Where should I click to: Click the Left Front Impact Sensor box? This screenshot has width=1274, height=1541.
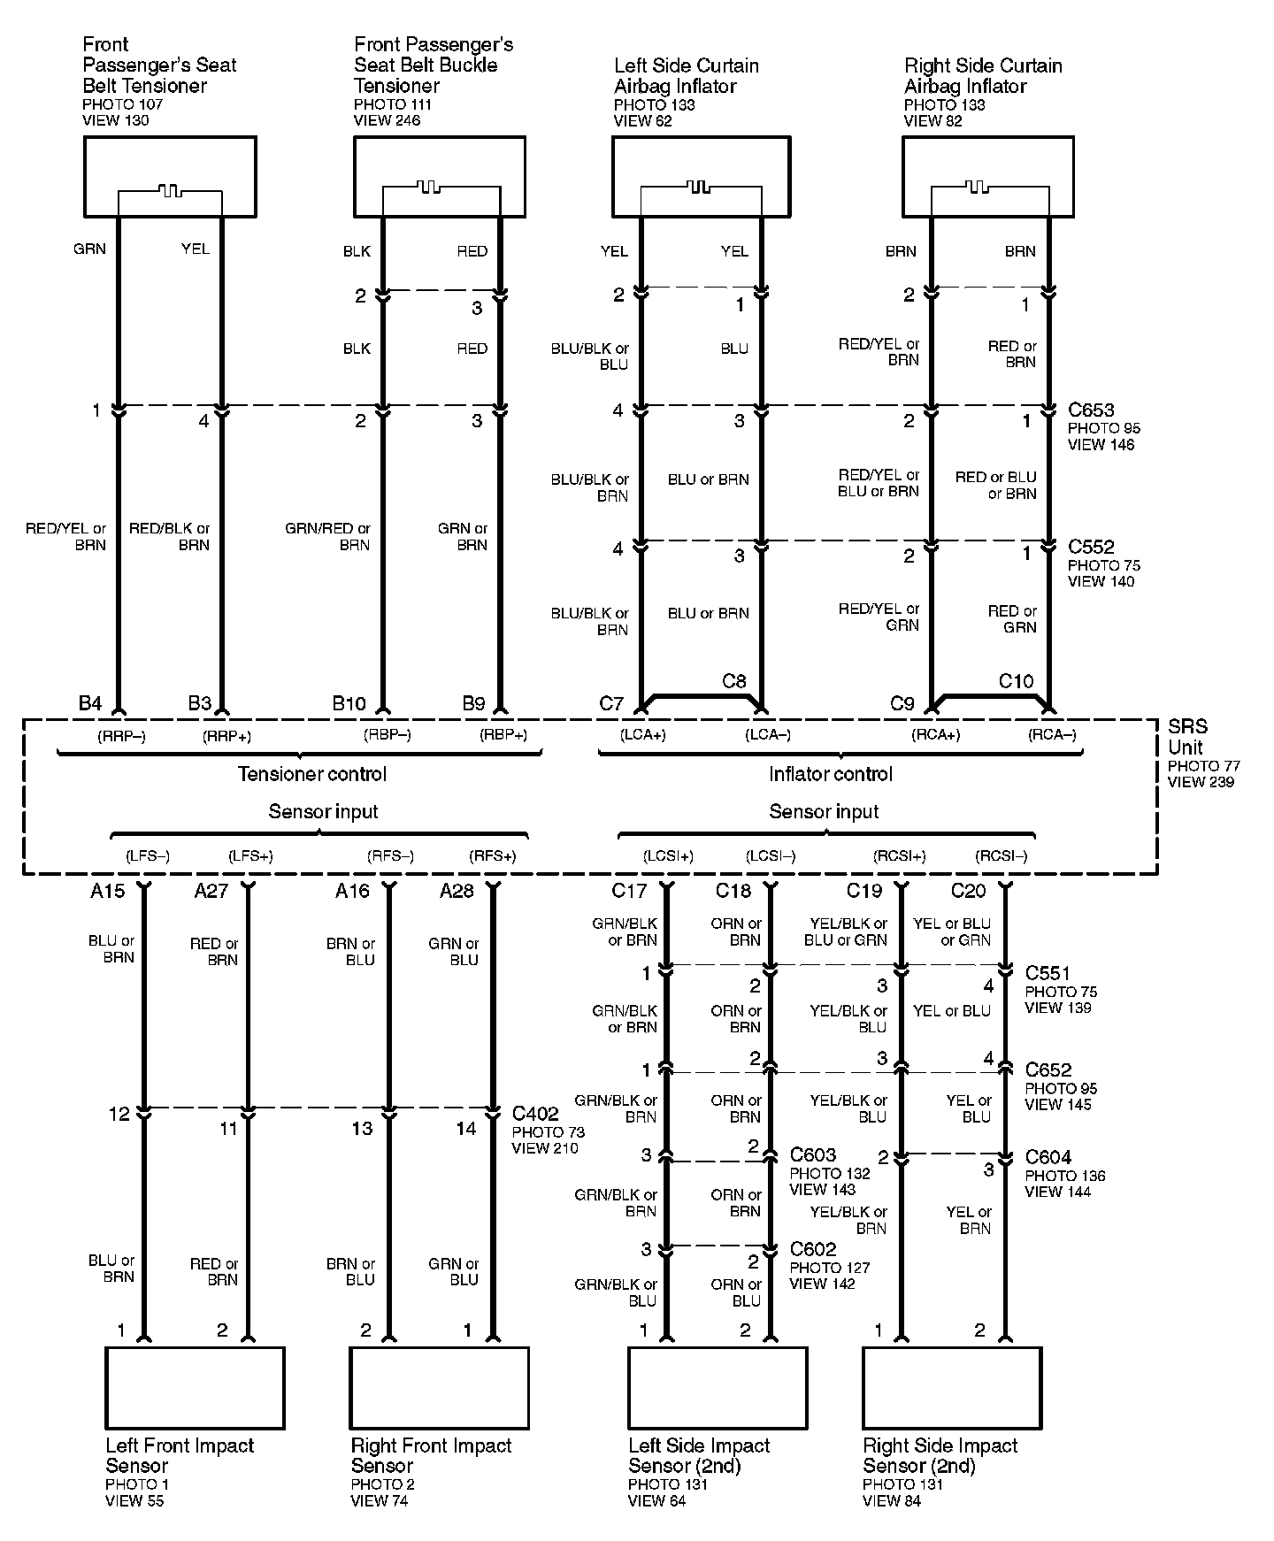pos(196,1387)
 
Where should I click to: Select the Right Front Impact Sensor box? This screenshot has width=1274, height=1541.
pos(440,1387)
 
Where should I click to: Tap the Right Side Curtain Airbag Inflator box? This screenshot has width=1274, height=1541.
pos(988,177)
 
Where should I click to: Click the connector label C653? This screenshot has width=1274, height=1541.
pos(1091,410)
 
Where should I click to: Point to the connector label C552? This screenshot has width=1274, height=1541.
pos(1091,548)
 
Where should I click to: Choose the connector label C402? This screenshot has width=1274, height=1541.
pos(535,1115)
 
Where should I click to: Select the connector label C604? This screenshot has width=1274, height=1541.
pos(1048,1157)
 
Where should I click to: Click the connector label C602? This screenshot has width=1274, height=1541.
pos(813,1249)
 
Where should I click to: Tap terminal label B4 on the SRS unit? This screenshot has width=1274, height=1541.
pos(90,703)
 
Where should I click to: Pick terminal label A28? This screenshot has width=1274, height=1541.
pos(457,891)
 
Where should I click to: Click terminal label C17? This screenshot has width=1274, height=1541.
pos(629,891)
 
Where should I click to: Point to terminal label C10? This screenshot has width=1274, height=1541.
pos(1016,681)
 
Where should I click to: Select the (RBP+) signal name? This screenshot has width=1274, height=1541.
pos(503,734)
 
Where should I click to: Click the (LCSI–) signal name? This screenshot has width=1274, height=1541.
pos(771,856)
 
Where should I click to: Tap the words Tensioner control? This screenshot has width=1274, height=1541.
pos(312,774)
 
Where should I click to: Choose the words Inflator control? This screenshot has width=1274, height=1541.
pos(831,774)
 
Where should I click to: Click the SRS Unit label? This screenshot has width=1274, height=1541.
pos(1186,736)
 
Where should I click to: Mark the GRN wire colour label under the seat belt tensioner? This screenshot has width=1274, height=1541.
pos(89,249)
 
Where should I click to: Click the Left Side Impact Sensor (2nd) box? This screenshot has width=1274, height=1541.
pos(718,1387)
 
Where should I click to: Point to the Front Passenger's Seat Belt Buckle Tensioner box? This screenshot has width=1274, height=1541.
pos(440,177)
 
